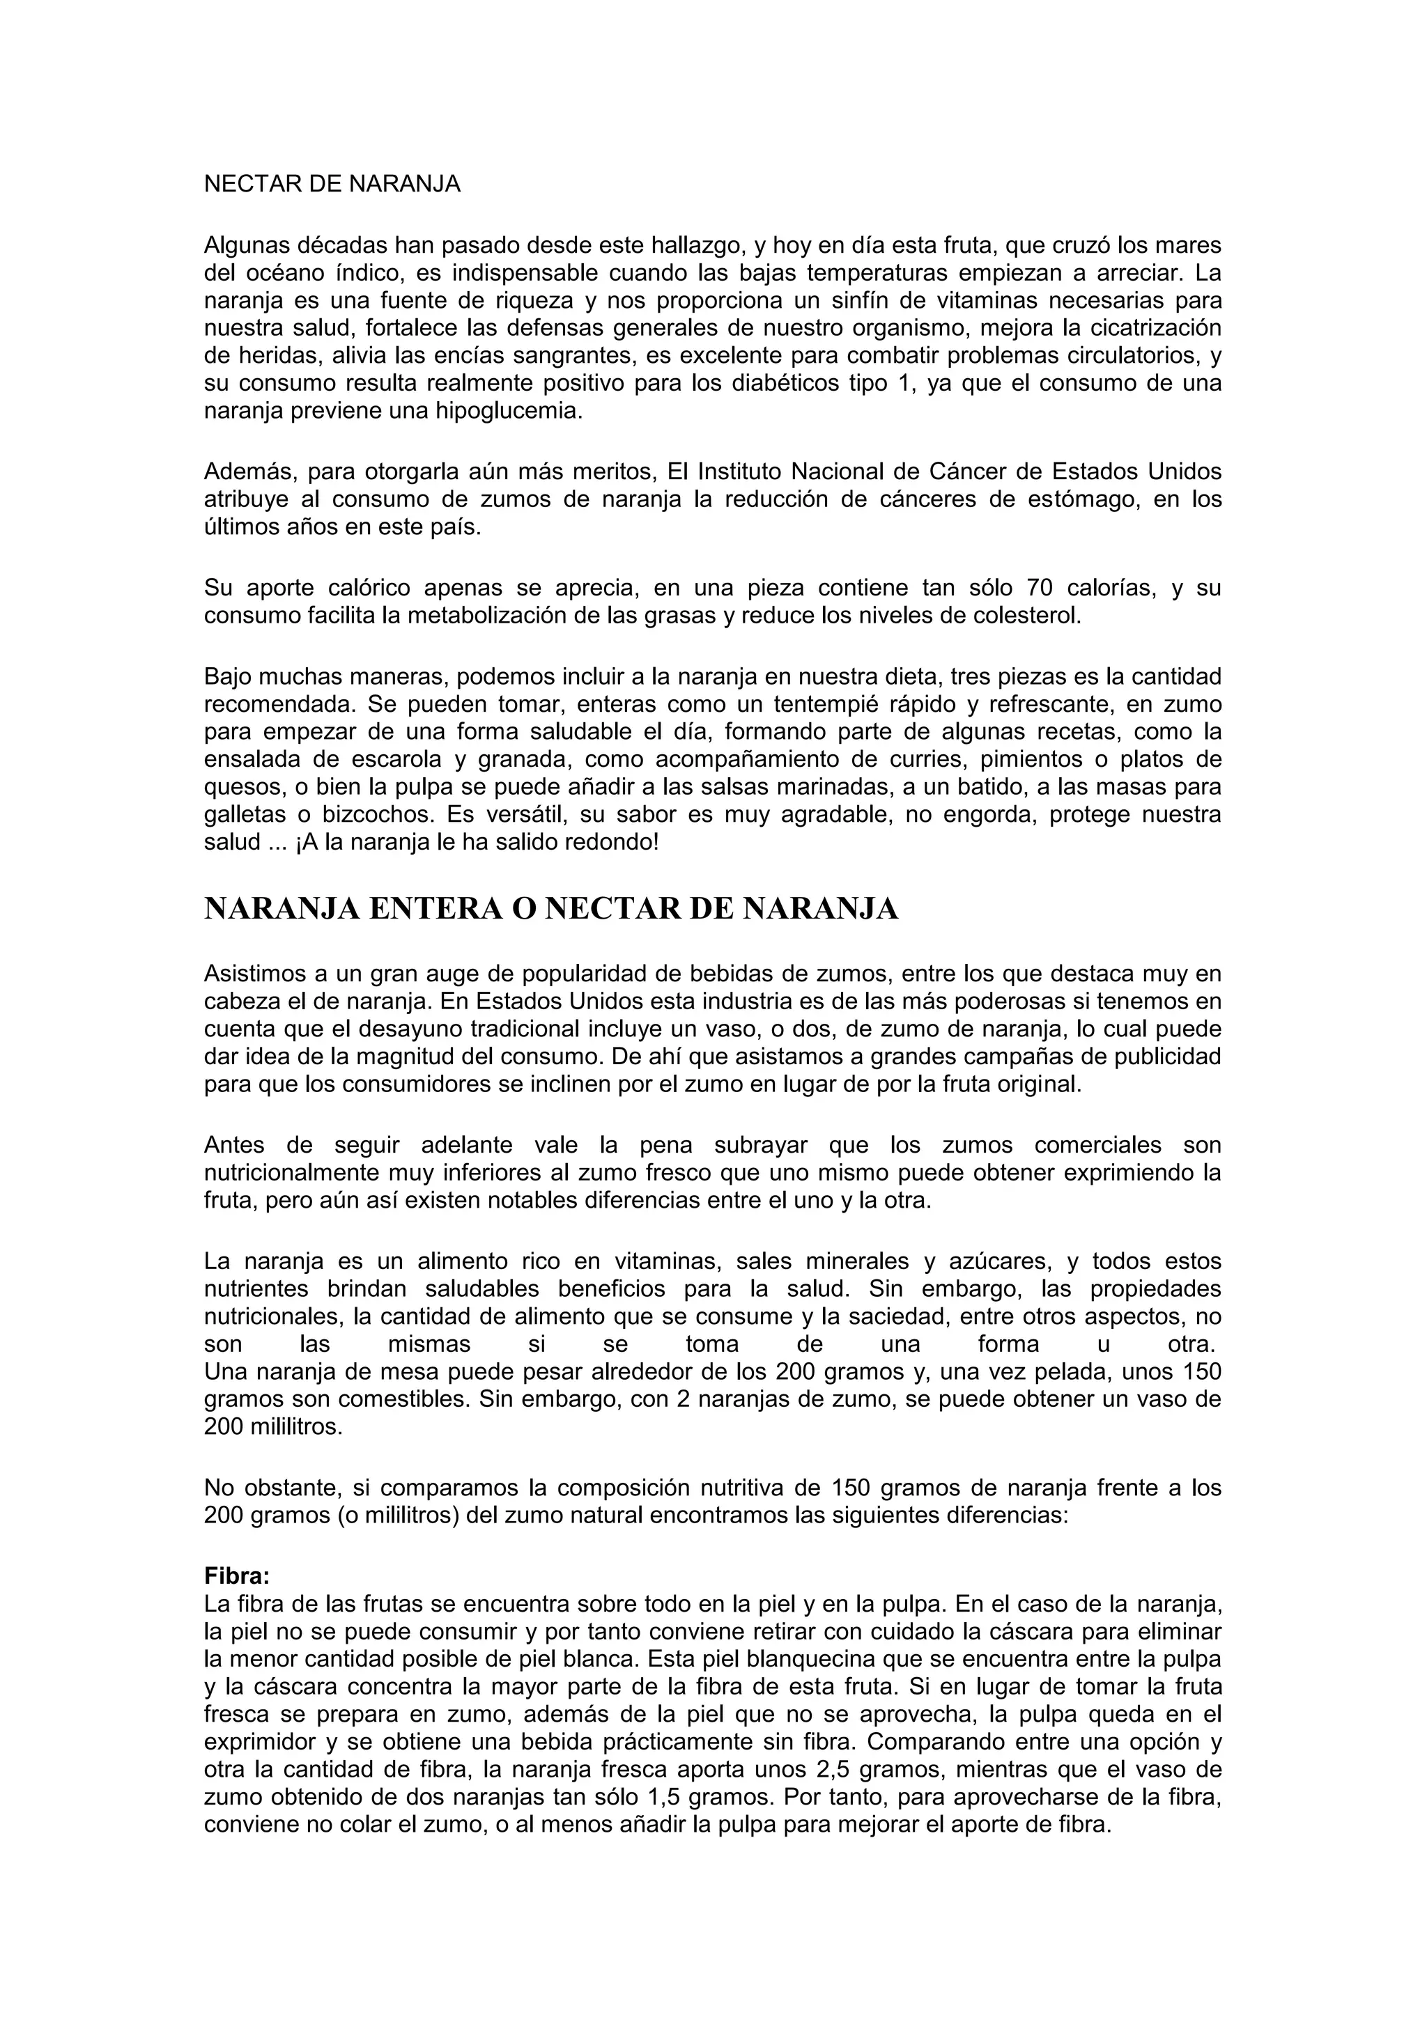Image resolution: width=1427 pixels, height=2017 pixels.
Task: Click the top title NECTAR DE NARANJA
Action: pos(332,185)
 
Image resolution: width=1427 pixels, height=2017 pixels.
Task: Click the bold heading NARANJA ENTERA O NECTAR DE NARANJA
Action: pos(551,909)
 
